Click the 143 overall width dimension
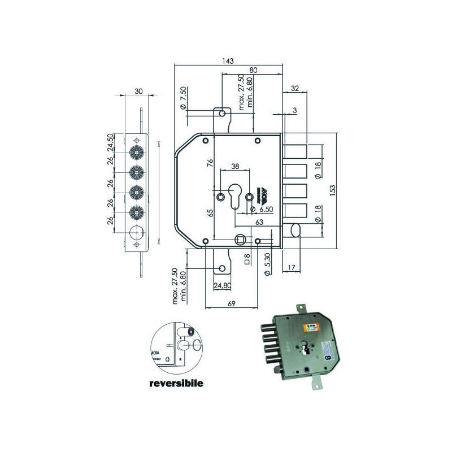coord(229,61)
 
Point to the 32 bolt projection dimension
coord(294,88)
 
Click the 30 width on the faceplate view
coord(138,91)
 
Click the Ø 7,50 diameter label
coord(182,97)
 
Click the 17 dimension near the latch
coord(292,267)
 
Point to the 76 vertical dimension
coord(209,163)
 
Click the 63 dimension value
coord(259,223)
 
